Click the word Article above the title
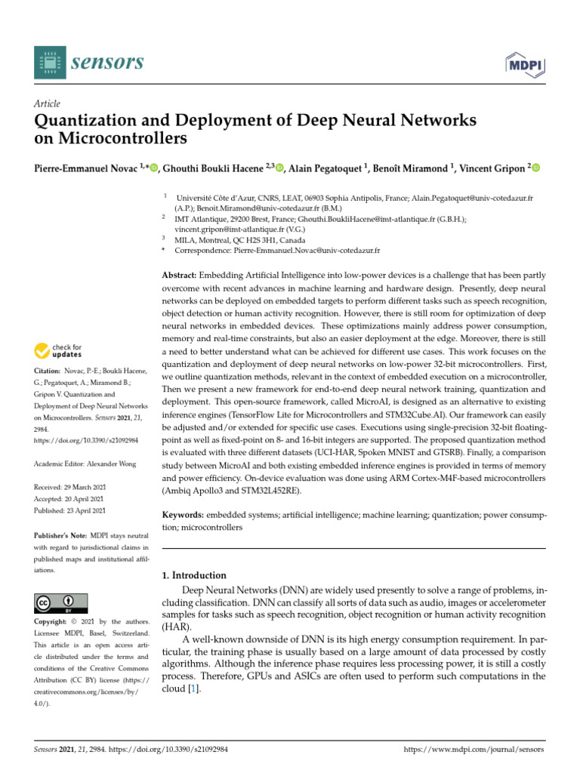pos(48,103)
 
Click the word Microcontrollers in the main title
pos(122,140)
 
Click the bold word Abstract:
pos(181,276)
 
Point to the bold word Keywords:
pos(184,514)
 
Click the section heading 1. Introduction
pos(195,575)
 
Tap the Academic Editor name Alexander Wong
pos(111,463)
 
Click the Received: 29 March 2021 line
pos(72,488)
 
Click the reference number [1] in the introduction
pos(194,689)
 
